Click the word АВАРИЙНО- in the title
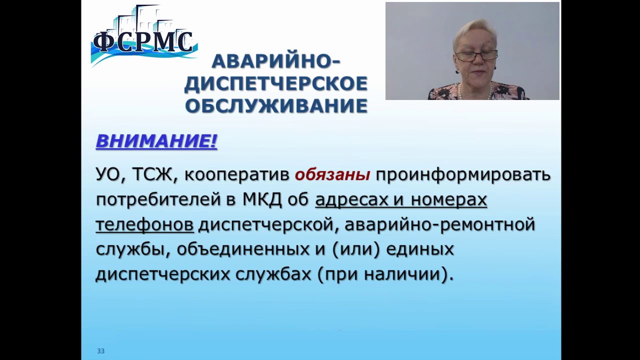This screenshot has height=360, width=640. click(x=275, y=61)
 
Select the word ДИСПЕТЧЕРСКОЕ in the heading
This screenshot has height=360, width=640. click(x=276, y=83)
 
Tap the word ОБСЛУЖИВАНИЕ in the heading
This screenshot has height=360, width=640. click(x=276, y=105)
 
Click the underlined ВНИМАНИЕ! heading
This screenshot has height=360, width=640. click(x=156, y=141)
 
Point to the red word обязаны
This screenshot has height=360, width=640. click(x=332, y=174)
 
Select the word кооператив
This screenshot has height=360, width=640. click(x=236, y=175)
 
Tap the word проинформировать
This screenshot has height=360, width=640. click(x=462, y=174)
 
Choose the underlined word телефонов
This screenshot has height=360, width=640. click(x=144, y=225)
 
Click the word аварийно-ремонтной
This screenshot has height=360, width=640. click(x=439, y=225)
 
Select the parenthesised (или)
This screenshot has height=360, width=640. click(x=356, y=249)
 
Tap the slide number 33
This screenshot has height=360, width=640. click(x=100, y=351)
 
